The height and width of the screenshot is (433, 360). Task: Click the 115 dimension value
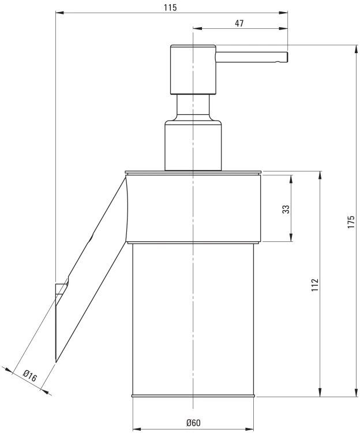(x=170, y=8)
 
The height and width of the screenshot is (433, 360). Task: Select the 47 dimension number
(x=239, y=23)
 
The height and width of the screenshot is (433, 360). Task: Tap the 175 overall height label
(x=351, y=222)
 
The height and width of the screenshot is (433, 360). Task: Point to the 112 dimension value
(x=315, y=285)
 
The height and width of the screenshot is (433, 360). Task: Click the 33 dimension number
(x=286, y=209)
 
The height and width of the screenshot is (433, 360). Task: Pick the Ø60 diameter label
(x=193, y=423)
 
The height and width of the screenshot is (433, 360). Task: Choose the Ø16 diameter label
(x=30, y=376)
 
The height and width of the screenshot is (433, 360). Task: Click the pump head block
(x=193, y=70)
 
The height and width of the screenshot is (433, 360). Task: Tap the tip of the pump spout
(x=287, y=57)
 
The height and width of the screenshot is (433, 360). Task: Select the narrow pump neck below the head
(x=193, y=106)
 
